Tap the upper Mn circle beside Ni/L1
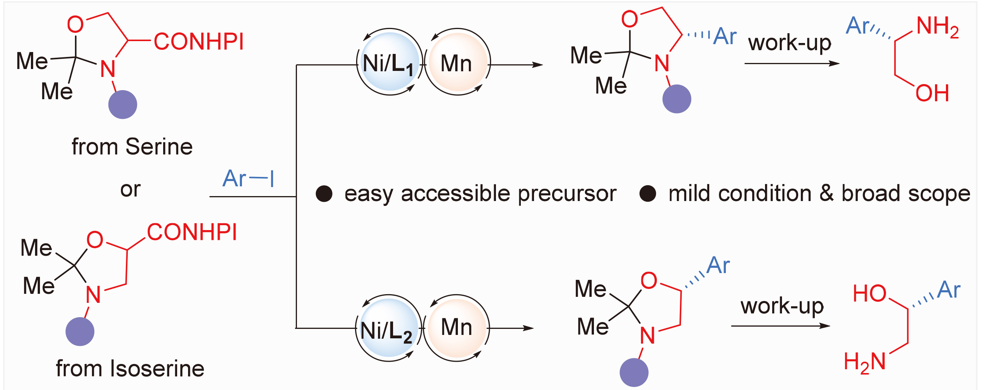457,62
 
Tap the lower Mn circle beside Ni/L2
457,328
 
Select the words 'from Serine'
132,146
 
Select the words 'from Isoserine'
130,369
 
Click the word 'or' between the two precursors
131,189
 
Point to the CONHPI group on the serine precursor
199,41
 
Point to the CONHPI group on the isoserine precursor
192,232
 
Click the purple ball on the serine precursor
122,105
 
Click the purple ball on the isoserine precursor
80,332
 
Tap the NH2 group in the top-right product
938,27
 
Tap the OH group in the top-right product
932,93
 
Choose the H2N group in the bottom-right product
865,363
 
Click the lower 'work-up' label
782,306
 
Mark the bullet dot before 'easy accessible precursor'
324,194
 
